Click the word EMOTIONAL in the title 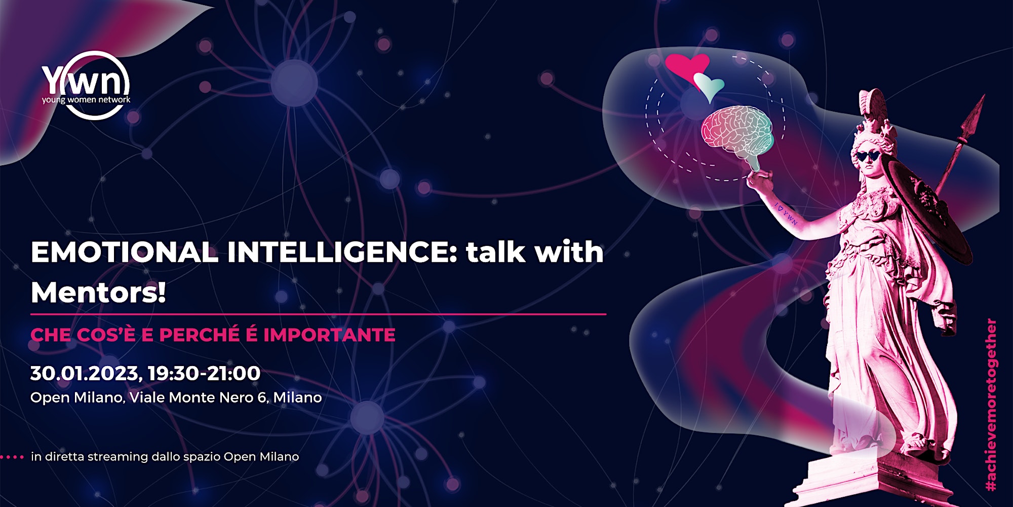124,252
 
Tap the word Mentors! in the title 98,293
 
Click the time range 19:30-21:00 204,373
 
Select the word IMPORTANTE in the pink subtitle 329,335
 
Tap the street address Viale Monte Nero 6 199,397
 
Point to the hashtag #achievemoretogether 991,405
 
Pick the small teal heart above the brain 709,86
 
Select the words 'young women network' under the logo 86,100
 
